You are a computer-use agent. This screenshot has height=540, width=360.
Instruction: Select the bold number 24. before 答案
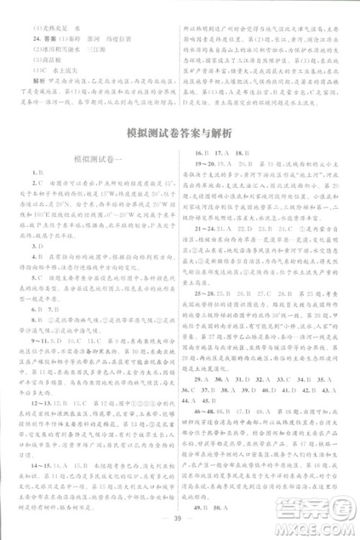click(x=32, y=32)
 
